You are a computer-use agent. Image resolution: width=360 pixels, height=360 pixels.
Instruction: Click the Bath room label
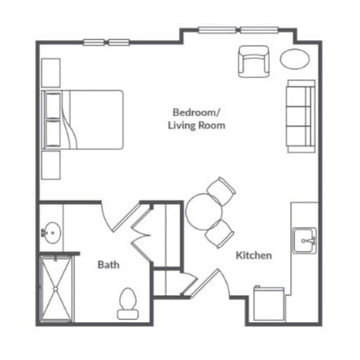pos(108,265)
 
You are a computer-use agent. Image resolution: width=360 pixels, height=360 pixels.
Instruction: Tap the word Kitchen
pos(254,255)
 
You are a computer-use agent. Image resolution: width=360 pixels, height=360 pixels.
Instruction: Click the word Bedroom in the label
pos(195,112)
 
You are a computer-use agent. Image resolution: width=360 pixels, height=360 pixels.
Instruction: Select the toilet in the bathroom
pos(128,304)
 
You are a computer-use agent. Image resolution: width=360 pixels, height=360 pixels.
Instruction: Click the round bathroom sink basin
pos(53,233)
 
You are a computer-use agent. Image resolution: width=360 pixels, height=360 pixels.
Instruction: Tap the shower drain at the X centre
pos(56,289)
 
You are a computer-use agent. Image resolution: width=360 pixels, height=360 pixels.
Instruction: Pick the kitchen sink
pos(304,240)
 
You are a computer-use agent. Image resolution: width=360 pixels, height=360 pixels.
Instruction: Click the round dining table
pos(203,211)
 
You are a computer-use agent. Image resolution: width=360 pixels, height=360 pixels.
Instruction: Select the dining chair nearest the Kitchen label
pos(219,233)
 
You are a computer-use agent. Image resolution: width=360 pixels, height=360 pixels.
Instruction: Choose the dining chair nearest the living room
pos(221,191)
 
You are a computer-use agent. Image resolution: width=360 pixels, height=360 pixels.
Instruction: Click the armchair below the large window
pos(254,61)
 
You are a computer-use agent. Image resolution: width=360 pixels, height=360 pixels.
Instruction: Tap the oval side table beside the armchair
pos(295,59)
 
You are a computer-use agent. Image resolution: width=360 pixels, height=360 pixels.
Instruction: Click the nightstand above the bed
pos(51,72)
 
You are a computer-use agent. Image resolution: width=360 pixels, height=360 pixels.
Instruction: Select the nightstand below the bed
pos(51,165)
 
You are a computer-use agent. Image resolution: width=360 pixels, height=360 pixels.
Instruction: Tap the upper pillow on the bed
pos(53,105)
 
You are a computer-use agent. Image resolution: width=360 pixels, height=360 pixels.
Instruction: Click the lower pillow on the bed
pos(53,133)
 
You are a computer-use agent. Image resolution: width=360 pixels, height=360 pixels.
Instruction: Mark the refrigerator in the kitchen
pos(269,304)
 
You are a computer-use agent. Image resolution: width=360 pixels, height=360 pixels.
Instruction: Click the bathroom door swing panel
pos(127,217)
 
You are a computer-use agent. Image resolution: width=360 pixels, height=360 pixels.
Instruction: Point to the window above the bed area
pos(106,42)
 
